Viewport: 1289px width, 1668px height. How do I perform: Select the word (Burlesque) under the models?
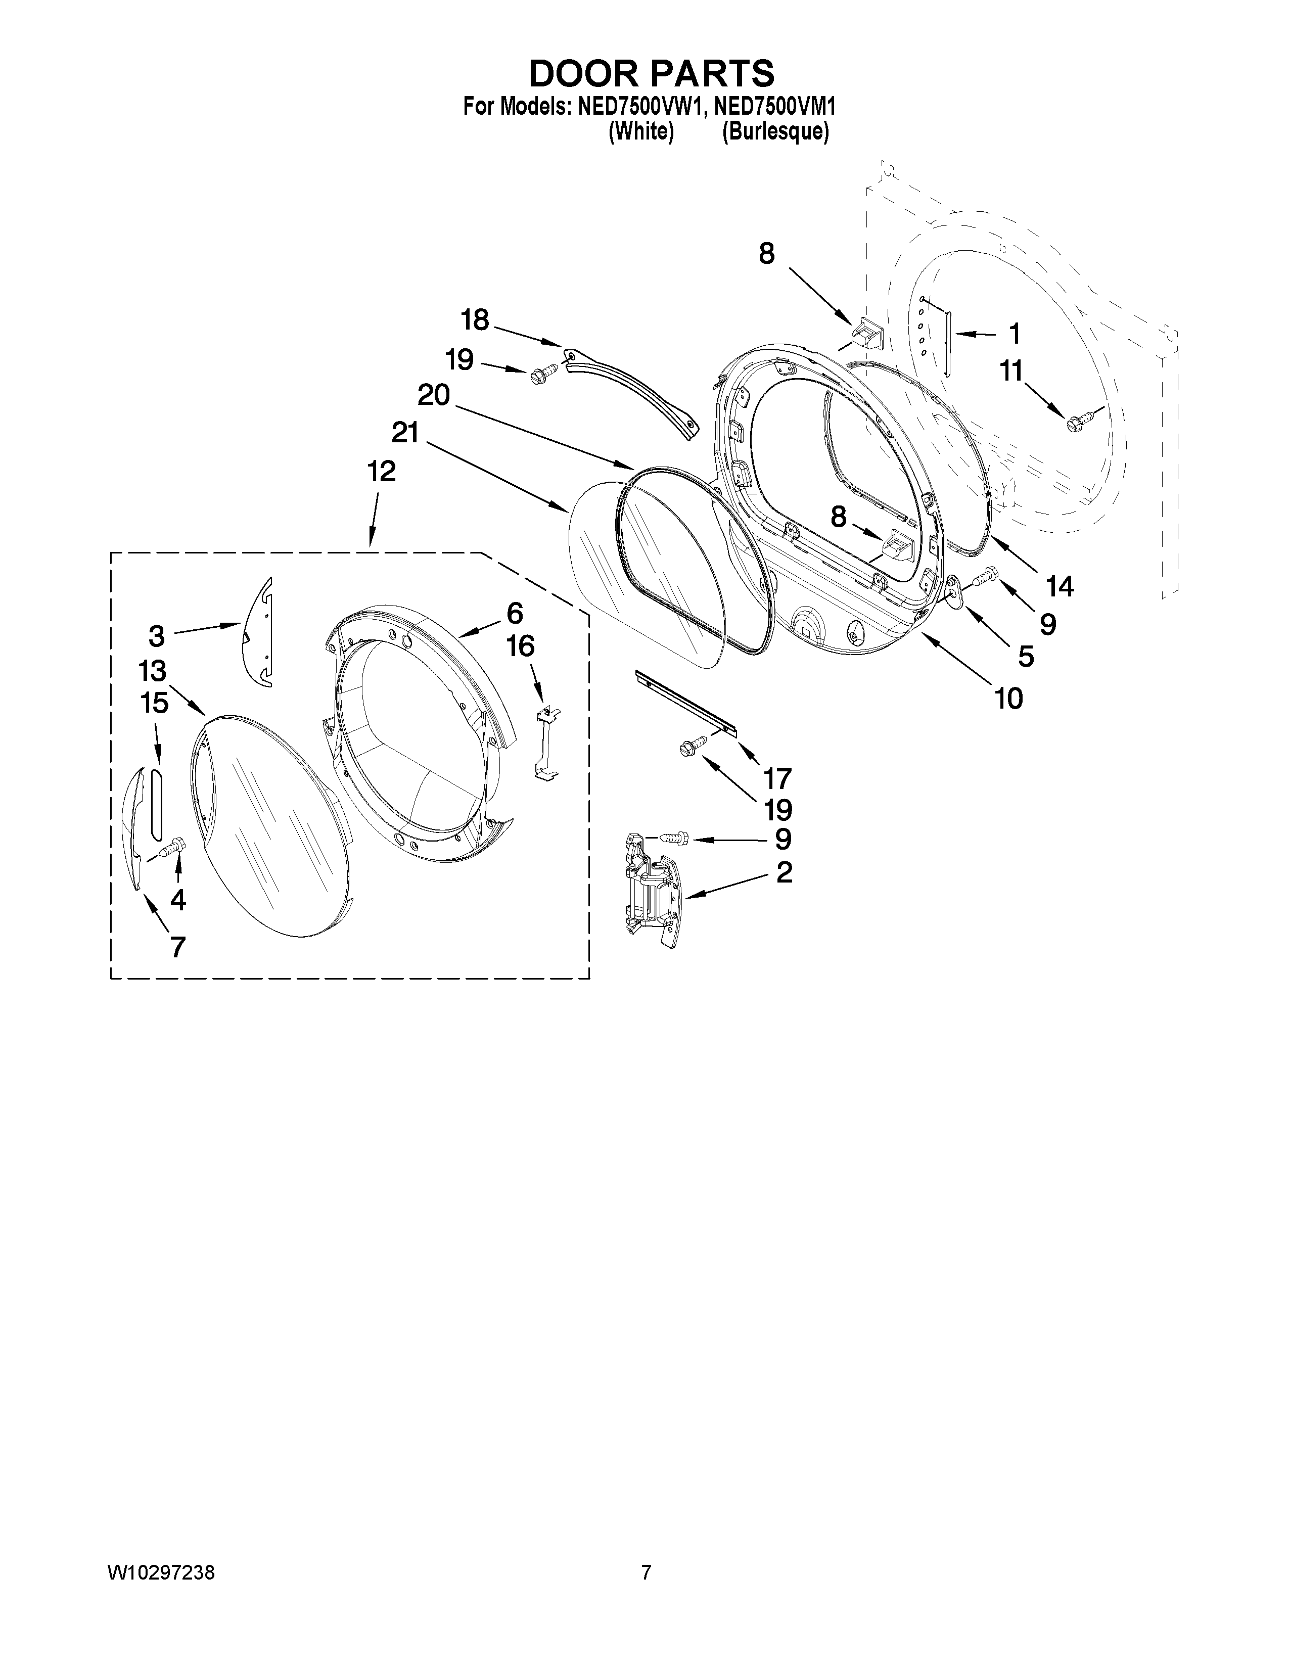[x=775, y=132]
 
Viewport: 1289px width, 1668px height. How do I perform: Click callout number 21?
[x=405, y=433]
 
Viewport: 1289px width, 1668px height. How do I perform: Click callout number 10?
[x=1008, y=698]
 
